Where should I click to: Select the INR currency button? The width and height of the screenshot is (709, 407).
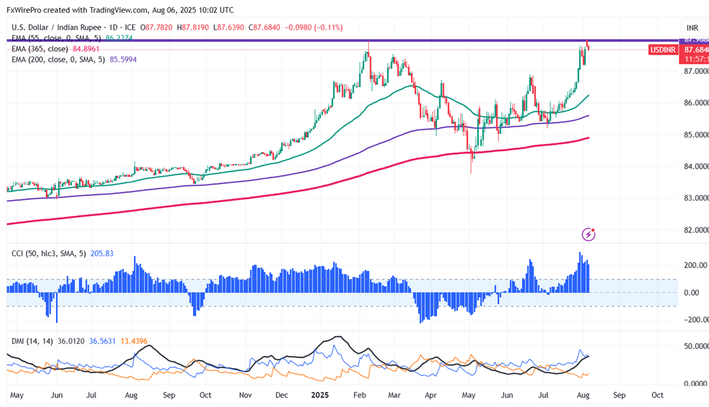[692, 28]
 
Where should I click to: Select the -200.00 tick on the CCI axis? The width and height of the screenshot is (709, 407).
[693, 320]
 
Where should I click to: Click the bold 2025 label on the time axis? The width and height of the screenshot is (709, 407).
[320, 395]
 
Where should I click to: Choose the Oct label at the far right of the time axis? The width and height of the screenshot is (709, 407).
[658, 395]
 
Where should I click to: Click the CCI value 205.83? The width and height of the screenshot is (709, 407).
[101, 253]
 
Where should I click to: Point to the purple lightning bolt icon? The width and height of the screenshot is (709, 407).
[589, 235]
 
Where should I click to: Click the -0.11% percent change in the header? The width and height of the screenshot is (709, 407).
[331, 27]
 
